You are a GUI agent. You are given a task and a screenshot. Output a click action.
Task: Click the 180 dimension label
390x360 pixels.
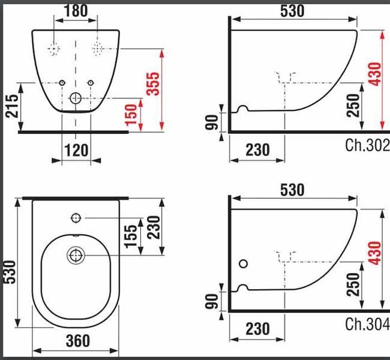pos(76,11)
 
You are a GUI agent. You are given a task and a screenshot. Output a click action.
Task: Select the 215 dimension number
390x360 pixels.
pos(12,106)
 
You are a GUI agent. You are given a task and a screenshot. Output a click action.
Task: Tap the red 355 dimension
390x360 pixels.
pos(152,83)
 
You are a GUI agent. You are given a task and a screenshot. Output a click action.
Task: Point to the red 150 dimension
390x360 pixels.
pos(131,115)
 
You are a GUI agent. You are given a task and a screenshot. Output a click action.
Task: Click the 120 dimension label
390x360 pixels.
pos(76,150)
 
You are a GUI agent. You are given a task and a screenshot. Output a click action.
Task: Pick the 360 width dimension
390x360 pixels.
pos(78,341)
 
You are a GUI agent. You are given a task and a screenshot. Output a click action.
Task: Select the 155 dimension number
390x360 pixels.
pos(131,236)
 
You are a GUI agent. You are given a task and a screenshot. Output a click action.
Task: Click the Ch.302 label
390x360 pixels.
pos(367,145)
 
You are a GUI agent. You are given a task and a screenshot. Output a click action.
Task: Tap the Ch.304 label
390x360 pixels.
pos(367,324)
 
